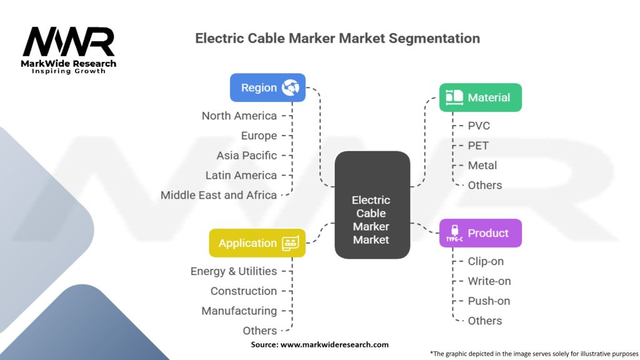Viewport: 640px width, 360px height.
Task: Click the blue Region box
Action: [267, 87]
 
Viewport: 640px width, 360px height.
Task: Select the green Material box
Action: [480, 97]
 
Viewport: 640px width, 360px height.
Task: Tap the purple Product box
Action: [480, 233]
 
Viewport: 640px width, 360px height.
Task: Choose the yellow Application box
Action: [257, 243]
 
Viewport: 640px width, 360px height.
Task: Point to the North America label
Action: [239, 116]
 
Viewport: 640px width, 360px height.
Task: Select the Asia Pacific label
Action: [247, 156]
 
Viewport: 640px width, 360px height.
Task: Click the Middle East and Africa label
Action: [219, 195]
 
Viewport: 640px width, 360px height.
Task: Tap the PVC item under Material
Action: [479, 126]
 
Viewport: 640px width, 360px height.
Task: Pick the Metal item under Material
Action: [482, 166]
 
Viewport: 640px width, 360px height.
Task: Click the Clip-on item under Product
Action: [486, 261]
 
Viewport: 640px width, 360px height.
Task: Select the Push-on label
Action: [489, 301]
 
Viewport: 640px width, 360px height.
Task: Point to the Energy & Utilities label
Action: [234, 271]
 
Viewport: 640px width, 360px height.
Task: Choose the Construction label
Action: [244, 291]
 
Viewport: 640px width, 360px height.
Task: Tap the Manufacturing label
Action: [239, 311]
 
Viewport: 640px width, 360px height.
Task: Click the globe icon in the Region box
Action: [291, 87]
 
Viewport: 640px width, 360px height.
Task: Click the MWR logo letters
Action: [69, 42]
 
